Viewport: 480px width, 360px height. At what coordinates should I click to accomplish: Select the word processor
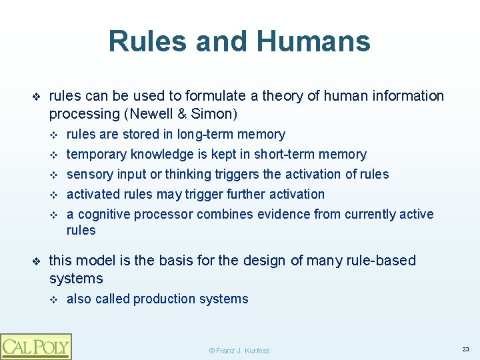(x=163, y=215)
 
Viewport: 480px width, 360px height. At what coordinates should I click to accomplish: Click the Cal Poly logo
(x=35, y=346)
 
